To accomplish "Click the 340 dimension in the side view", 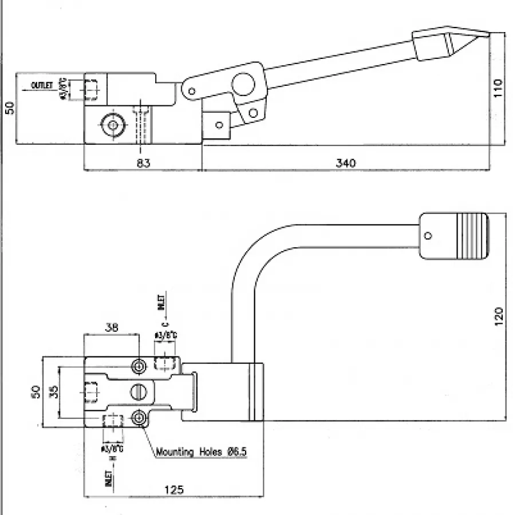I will click(x=345, y=163).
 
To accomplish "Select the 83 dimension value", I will click(x=143, y=163).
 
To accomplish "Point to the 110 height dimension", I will click(x=498, y=89).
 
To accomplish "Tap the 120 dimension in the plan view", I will click(x=498, y=314).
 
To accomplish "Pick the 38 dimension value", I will click(x=112, y=328).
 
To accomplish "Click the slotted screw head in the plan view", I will click(x=139, y=391).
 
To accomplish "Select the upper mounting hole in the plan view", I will click(x=139, y=365).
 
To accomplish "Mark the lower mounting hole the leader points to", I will click(x=139, y=418).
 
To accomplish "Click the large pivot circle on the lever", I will click(x=243, y=84).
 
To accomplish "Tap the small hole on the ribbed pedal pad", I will click(x=428, y=235).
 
